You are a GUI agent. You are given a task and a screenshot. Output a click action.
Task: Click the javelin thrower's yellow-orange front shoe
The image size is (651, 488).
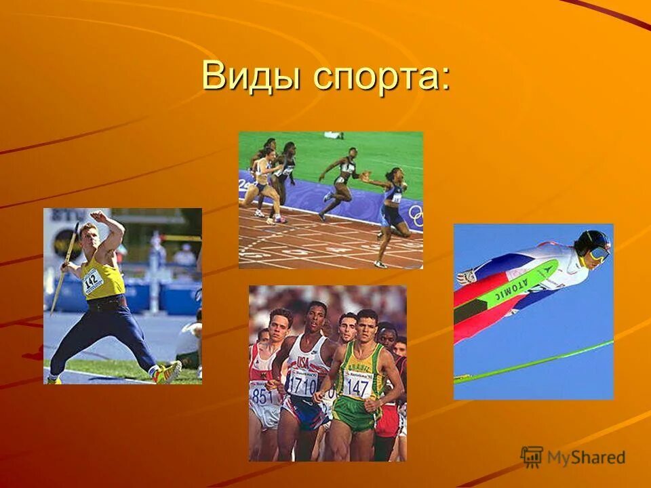(x=166, y=373)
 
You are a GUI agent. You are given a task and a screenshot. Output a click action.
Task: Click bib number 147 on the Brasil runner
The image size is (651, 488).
(x=357, y=387)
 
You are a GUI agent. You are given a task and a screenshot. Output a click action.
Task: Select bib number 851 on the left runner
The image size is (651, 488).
(x=263, y=395)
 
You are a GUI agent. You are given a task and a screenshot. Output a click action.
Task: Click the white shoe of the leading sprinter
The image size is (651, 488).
(x=380, y=264)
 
